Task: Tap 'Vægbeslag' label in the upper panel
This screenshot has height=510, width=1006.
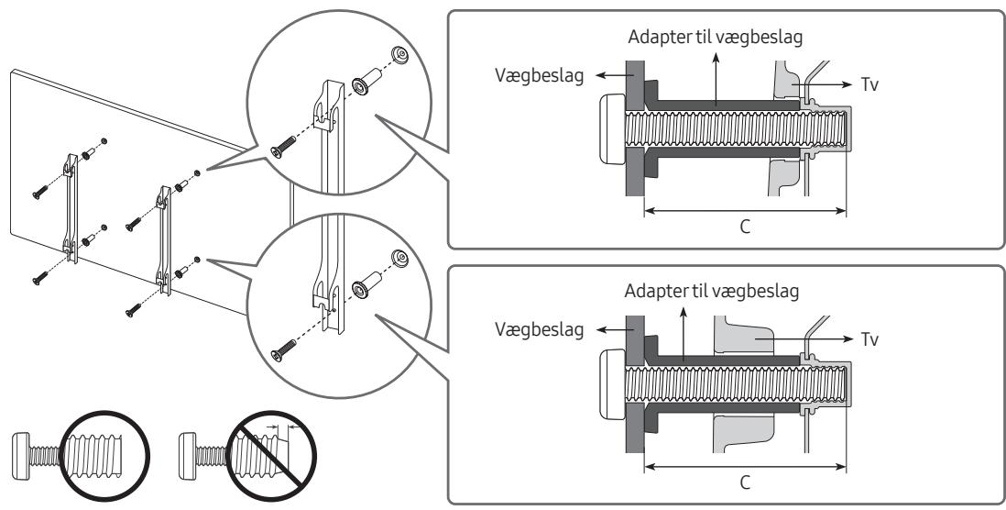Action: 539,76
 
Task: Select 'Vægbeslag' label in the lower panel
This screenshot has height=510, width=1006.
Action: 539,330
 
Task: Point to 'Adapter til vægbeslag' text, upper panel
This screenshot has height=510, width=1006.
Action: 716,38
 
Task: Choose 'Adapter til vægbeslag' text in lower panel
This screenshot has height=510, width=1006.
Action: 712,292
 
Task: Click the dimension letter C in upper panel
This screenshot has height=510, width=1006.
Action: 745,227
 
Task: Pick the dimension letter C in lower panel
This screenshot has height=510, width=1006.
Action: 745,482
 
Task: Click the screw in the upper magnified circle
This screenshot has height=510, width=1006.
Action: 283,147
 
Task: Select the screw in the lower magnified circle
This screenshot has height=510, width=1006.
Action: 283,350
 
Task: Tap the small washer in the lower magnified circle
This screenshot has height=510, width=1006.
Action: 399,259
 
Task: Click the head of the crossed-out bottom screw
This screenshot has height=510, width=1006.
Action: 187,457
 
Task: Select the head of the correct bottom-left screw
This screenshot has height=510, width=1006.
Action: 20,457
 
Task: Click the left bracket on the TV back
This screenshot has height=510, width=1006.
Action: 71,208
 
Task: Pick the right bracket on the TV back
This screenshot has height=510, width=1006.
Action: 165,240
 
